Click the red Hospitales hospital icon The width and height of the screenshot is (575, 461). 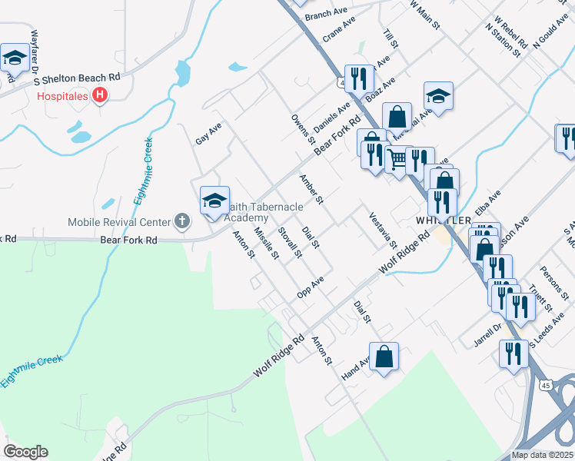(x=98, y=95)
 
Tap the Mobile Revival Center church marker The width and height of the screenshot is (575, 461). (x=181, y=223)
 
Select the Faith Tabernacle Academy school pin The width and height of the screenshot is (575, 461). (x=214, y=201)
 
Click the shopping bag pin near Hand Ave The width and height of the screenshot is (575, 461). (x=384, y=357)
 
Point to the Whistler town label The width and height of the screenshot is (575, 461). (x=443, y=220)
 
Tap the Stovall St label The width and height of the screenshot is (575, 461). (x=289, y=243)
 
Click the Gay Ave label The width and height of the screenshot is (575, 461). (x=208, y=132)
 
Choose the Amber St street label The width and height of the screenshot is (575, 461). (x=310, y=189)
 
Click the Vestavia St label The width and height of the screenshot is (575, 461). (x=382, y=230)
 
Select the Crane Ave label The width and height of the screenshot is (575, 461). (x=339, y=31)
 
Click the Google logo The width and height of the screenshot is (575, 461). (x=25, y=452)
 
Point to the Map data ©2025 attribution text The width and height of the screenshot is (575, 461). (x=542, y=455)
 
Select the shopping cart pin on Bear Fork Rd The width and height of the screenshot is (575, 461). (x=397, y=160)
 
